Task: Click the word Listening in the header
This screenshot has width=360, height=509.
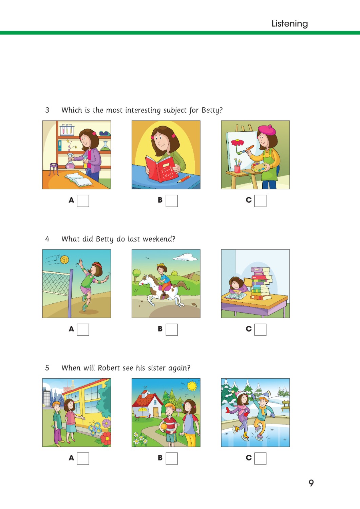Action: (x=289, y=24)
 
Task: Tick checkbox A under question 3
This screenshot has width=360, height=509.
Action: (x=83, y=201)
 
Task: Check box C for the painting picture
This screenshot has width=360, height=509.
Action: (x=261, y=201)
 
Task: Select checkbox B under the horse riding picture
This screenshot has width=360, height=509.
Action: (x=172, y=329)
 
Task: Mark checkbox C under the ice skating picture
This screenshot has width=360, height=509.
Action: (x=261, y=458)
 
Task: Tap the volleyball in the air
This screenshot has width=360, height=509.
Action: (x=65, y=260)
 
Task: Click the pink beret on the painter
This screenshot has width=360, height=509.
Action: (x=267, y=130)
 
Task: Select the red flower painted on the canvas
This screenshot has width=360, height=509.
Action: (x=238, y=143)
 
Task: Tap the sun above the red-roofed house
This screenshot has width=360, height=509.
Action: (x=192, y=386)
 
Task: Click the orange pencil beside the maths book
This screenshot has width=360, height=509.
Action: (x=184, y=179)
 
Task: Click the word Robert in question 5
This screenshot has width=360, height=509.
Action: (x=109, y=368)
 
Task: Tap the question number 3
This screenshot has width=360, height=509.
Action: (x=47, y=110)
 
